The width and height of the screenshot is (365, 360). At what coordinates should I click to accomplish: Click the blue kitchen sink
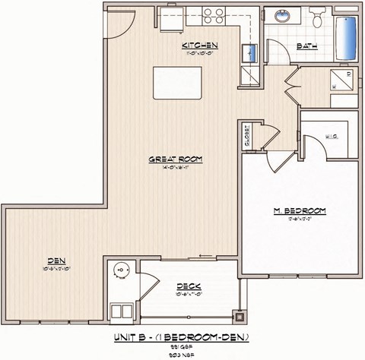248,52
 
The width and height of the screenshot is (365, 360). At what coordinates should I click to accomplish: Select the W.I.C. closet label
332,136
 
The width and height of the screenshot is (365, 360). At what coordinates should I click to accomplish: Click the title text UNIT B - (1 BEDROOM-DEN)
181,335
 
